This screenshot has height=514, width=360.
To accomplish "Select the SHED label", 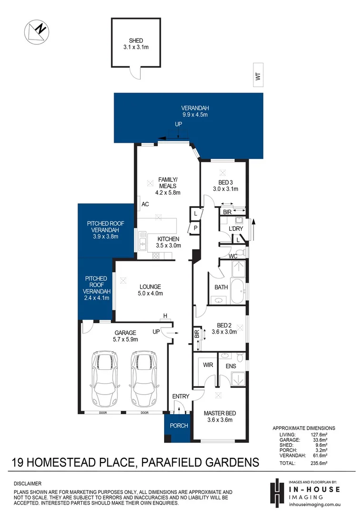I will point(135,40).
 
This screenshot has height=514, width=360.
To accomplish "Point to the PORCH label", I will point(179,425).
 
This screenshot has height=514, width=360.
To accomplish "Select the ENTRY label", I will point(181,396).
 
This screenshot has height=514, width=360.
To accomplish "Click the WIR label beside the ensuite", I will point(208,366).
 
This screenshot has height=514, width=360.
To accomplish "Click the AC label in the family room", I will point(146,205).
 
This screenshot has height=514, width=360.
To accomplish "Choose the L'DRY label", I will point(235,229).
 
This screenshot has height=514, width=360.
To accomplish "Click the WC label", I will point(233,256).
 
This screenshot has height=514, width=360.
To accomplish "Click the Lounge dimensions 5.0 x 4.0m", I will point(150,294).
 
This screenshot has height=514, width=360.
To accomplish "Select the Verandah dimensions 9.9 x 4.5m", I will point(195,115).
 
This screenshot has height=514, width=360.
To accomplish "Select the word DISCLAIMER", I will point(28,483).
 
